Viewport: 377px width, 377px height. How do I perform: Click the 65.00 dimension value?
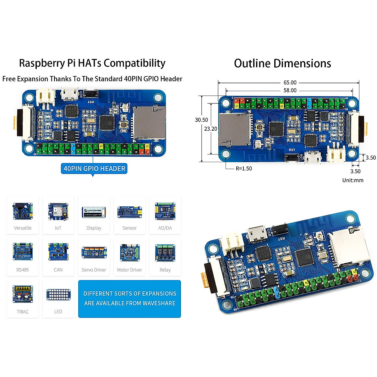tap(290, 83)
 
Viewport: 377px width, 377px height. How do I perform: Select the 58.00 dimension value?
tap(290, 90)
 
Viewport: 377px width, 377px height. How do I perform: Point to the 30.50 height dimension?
tap(201, 120)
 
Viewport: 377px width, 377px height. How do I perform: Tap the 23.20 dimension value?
tap(210, 129)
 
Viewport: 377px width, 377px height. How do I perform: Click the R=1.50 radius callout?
tap(244, 169)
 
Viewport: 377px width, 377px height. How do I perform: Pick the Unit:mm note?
tap(353, 180)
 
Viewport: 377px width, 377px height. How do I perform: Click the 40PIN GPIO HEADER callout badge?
tap(94, 169)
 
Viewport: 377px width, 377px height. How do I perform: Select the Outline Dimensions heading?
tap(282, 63)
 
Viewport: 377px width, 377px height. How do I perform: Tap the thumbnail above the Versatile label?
tap(23, 211)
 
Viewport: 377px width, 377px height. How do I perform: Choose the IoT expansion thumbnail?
tap(58, 211)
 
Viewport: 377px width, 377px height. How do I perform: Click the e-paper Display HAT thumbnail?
tap(94, 212)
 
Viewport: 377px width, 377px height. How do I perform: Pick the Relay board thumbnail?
tap(165, 253)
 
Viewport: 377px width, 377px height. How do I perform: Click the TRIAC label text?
tap(23, 312)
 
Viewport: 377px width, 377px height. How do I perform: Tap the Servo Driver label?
tap(94, 270)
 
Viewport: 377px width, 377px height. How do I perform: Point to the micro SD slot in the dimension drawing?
tap(234, 129)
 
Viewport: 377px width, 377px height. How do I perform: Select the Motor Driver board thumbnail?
tap(129, 253)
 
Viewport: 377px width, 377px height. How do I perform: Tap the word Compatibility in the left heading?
tap(134, 63)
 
